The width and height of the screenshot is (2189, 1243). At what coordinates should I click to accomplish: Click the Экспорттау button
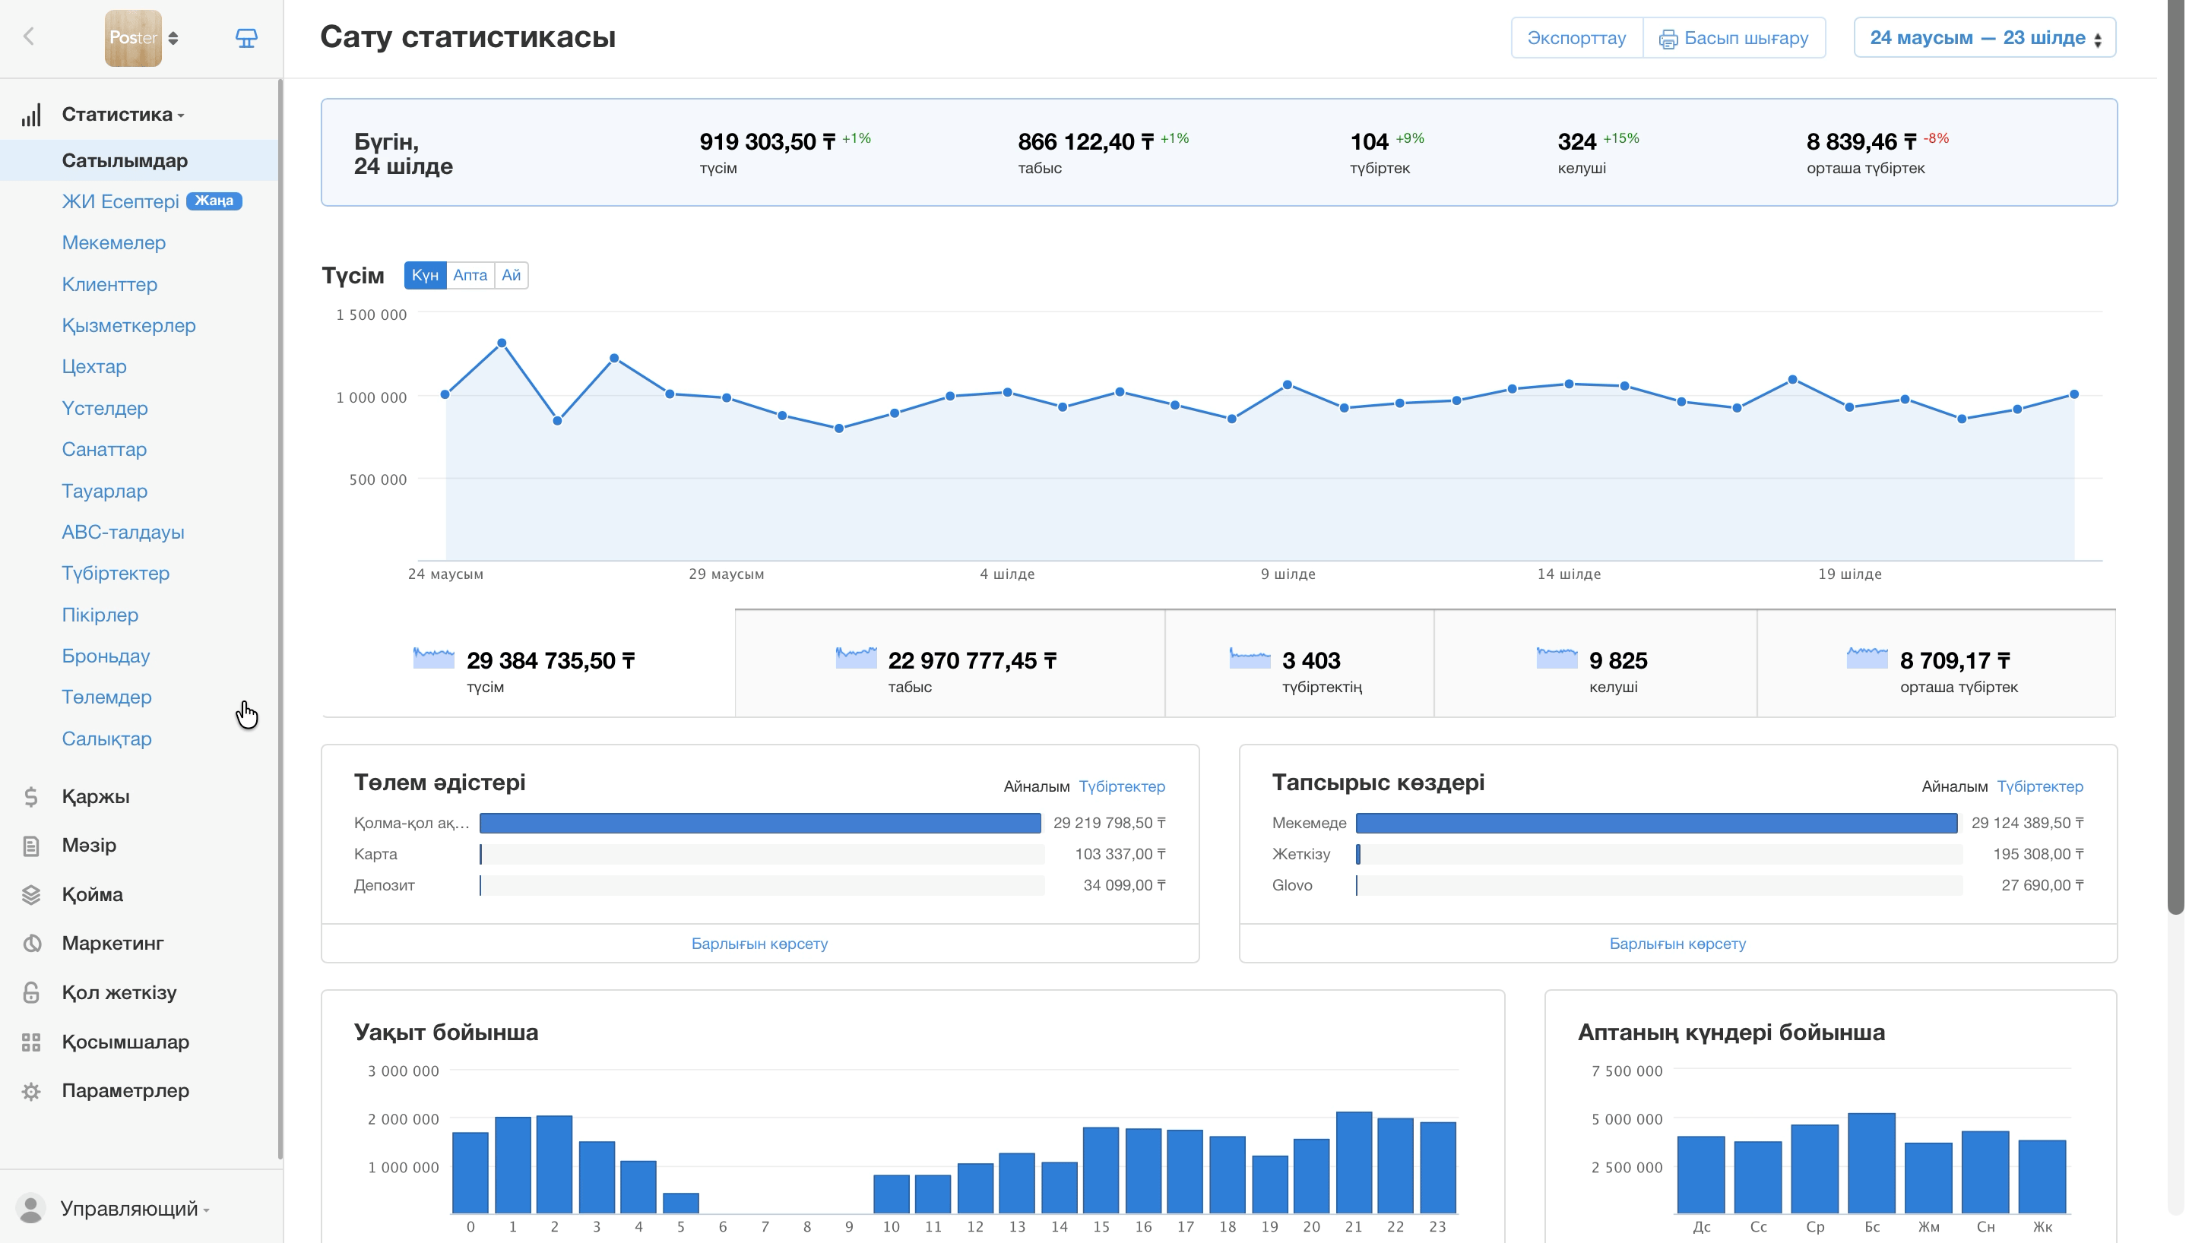coord(1576,37)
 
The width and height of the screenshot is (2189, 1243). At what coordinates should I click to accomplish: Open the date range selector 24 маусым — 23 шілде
coord(1984,37)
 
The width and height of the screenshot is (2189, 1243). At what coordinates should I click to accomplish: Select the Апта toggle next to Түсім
coord(470,275)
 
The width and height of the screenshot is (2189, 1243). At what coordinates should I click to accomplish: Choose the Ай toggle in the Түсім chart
coord(511,275)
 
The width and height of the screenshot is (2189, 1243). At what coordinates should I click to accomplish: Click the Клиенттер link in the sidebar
coord(109,284)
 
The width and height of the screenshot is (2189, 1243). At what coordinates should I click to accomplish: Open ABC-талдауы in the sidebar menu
coord(123,532)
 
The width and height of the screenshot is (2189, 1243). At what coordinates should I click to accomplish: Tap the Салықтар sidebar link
coord(106,739)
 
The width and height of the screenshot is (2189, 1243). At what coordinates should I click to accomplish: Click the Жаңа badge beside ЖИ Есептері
coord(214,201)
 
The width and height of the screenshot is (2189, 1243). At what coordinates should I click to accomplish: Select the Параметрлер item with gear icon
coord(125,1090)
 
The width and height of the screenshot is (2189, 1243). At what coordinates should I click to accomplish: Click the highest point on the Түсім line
coord(502,343)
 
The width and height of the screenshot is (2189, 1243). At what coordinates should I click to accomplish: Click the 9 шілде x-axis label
coord(1288,574)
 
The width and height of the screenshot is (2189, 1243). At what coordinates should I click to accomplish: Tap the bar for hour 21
coord(1353,1162)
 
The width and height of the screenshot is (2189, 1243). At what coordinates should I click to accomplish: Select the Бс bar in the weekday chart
coord(1871,1162)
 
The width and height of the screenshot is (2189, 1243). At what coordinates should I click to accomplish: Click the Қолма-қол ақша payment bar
coord(760,823)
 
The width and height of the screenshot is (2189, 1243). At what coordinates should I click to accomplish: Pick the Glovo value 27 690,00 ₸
coord(2042,885)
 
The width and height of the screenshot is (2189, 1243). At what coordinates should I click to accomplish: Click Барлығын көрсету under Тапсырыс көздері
coord(1677,944)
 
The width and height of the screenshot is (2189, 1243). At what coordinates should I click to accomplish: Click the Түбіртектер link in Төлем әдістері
coord(1122,786)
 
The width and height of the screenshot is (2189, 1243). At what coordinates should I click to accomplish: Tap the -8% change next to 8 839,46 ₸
coord(1937,138)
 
